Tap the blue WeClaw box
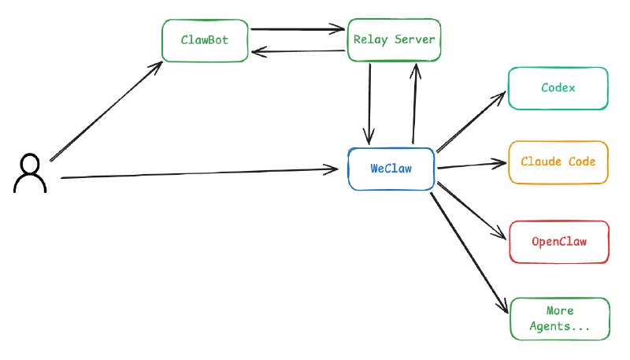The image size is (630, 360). [x=391, y=168]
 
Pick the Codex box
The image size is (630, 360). [x=558, y=88]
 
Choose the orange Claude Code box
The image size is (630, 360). [x=558, y=162]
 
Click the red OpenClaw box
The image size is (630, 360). [x=558, y=242]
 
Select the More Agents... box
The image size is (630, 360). [x=559, y=319]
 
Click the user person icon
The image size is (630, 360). [x=30, y=173]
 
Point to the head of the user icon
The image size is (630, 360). [x=30, y=164]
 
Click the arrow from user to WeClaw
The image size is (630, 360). [x=197, y=173]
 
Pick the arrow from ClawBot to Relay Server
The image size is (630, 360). [x=299, y=30]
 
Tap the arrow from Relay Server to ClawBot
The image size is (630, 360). [x=299, y=53]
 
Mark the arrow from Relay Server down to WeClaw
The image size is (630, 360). [x=369, y=102]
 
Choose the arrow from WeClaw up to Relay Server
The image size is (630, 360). [x=414, y=102]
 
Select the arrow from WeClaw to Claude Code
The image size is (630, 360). [x=471, y=165]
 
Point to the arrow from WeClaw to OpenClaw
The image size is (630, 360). [x=471, y=210]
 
